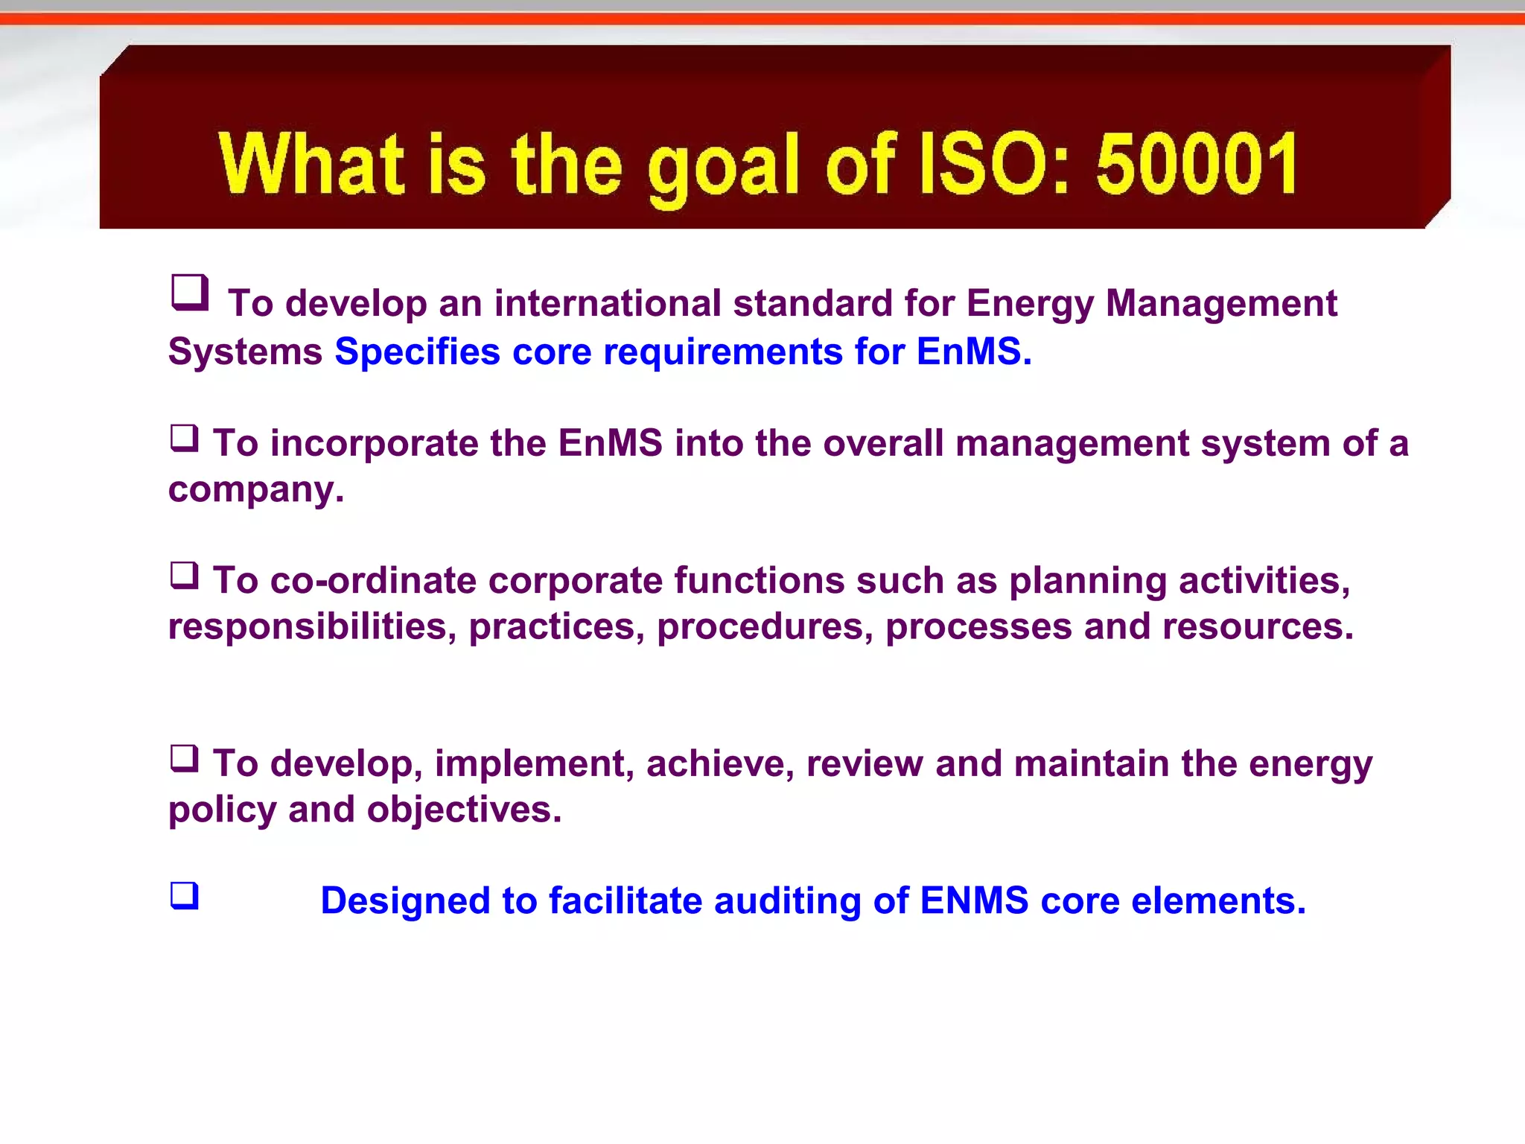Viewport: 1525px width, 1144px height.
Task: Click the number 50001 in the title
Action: click(x=1197, y=163)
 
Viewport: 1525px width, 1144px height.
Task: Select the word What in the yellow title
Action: click(x=312, y=163)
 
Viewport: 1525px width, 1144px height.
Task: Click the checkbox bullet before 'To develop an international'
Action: click(x=190, y=292)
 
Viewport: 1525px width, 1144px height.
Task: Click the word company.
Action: click(x=255, y=489)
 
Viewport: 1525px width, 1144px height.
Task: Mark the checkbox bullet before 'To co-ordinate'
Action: click(x=185, y=575)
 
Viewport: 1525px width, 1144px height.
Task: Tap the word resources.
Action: click(x=1257, y=626)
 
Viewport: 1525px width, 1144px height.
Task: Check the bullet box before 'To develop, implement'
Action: click(x=185, y=758)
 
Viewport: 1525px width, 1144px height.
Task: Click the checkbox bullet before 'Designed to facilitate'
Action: click(x=185, y=895)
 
